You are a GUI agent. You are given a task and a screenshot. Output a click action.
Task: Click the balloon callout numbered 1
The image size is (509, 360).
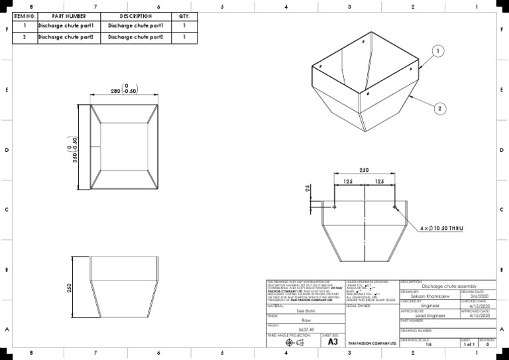coord(439,50)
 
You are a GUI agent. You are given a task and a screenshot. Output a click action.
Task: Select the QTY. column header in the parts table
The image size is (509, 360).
coord(184,16)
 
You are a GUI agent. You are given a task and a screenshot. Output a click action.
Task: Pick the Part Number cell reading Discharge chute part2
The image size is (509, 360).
coord(67,37)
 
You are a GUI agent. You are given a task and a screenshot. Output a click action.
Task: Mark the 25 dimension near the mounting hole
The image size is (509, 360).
coord(308,190)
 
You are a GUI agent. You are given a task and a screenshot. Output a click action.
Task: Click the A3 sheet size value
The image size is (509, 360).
coord(333,342)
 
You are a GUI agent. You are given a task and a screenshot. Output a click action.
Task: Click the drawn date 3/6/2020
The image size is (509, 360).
coord(477,296)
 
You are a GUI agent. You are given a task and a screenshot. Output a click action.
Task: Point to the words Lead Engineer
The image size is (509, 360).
coord(429,316)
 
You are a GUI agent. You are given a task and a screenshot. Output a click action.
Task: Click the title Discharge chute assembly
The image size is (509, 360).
coord(447,286)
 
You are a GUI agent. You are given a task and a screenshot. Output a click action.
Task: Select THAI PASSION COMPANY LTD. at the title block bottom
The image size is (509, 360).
coord(372,343)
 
